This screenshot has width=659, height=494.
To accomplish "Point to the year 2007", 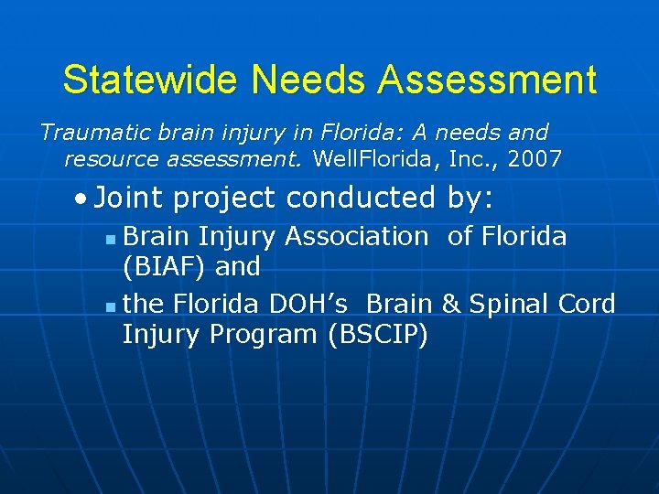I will (x=535, y=159).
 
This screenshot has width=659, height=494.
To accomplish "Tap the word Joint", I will (x=128, y=197).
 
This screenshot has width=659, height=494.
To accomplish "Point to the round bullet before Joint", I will (x=83, y=198).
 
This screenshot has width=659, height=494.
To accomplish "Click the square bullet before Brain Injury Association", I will (x=110, y=239).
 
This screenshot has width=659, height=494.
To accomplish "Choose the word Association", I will (x=357, y=236).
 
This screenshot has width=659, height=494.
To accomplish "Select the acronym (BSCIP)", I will (x=377, y=335).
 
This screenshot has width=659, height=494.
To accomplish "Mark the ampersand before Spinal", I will (x=450, y=304).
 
